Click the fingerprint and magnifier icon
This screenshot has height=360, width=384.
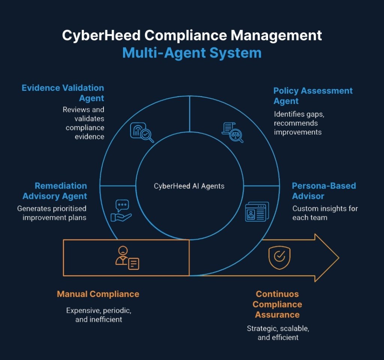click(142, 133)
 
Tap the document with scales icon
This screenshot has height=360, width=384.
click(232, 133)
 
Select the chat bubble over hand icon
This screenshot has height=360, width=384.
click(121, 211)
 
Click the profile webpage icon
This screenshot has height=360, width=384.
click(257, 212)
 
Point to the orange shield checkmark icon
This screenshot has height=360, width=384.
click(279, 258)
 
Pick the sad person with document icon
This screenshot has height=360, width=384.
click(127, 258)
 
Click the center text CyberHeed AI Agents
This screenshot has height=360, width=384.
click(189, 186)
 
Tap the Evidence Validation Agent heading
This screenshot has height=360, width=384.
click(63, 93)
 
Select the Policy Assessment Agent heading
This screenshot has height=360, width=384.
click(313, 96)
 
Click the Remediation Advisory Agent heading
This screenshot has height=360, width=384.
click(55, 191)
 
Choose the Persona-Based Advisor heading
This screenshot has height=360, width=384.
click(324, 191)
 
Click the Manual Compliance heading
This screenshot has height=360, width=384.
click(98, 294)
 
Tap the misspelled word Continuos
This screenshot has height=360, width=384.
click(277, 294)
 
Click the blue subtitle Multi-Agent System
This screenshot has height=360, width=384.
click(192, 53)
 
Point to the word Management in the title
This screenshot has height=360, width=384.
click(276, 35)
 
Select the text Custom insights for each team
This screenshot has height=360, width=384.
click(325, 213)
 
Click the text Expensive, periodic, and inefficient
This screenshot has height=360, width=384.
click(99, 315)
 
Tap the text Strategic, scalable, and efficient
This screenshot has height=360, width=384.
click(278, 333)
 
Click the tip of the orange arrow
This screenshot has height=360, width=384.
click(339, 258)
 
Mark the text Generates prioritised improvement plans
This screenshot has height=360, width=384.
click(52, 213)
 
